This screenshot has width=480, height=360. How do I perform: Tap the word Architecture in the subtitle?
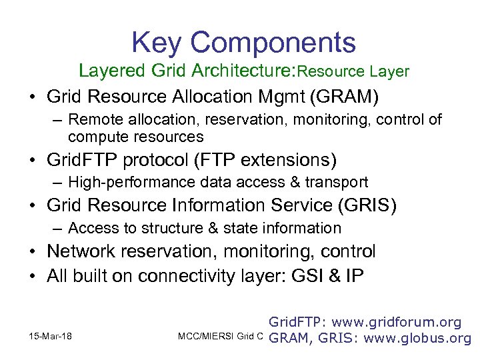point(241,70)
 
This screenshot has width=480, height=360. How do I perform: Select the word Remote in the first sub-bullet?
point(91,120)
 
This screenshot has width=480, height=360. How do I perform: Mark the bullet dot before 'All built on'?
point(32,275)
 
